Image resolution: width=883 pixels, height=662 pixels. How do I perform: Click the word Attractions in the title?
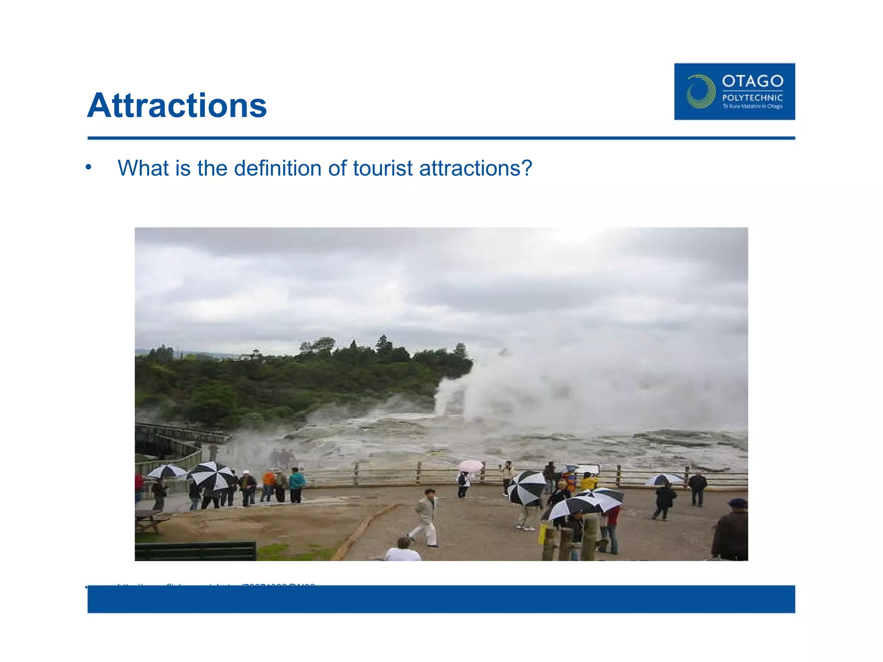[x=177, y=106]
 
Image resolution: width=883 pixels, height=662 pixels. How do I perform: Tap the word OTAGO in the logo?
[x=752, y=81]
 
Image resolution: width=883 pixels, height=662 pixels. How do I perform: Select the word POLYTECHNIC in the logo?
[x=752, y=98]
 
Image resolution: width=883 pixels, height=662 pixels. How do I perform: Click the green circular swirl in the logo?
[x=700, y=91]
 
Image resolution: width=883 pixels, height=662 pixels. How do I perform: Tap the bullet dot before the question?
[x=88, y=167]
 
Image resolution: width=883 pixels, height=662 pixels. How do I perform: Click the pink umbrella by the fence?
[x=470, y=465]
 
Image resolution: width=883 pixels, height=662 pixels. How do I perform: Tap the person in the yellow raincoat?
[x=588, y=481]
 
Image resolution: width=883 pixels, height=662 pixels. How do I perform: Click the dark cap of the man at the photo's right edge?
[x=737, y=503]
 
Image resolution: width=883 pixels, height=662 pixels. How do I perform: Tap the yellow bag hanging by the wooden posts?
[x=542, y=534]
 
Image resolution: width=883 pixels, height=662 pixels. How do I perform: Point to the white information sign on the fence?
[x=588, y=469]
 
